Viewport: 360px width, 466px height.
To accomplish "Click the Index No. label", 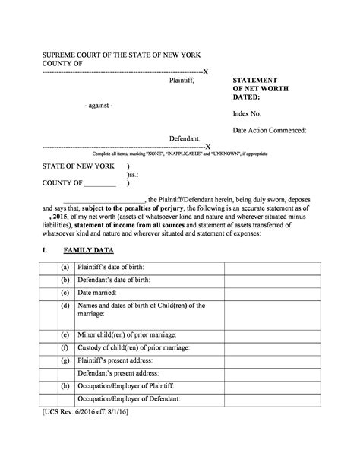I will [x=247, y=113].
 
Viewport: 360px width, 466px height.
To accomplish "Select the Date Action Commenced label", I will [x=269, y=130].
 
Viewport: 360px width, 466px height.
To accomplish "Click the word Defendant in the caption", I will [x=184, y=139].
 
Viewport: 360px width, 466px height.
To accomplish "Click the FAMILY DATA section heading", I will [x=89, y=249].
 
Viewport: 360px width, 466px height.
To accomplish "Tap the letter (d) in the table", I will [x=66, y=306].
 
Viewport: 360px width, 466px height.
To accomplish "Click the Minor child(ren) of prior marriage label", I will [x=127, y=334].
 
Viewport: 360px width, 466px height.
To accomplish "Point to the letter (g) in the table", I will [x=66, y=360].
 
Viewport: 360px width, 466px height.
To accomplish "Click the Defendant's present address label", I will [x=118, y=373].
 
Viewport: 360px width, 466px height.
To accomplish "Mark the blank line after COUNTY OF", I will [x=100, y=183].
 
